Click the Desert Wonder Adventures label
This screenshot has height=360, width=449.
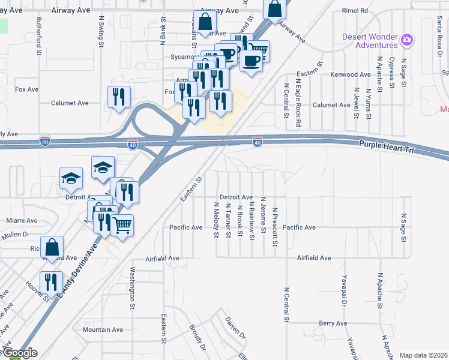(370, 40)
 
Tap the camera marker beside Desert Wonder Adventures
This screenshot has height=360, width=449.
(407, 40)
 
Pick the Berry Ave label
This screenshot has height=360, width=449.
(333, 323)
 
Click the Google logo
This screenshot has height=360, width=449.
(19, 353)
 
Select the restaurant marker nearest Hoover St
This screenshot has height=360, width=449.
(51, 281)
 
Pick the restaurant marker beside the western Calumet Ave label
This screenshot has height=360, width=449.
(119, 96)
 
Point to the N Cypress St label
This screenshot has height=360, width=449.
(391, 72)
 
